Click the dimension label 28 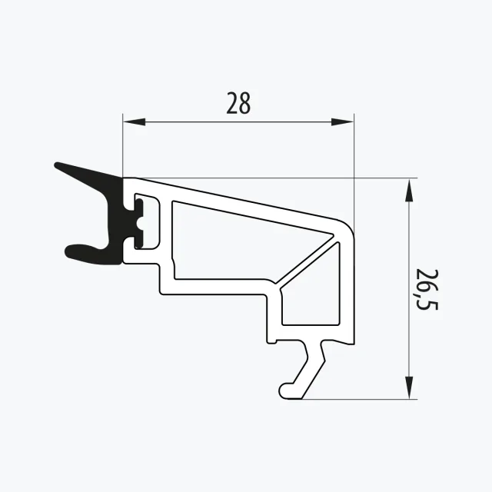[238, 103]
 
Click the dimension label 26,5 [427, 290]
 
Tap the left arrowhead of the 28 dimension [135, 121]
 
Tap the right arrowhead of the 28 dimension [342, 121]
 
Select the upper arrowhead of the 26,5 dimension [408, 190]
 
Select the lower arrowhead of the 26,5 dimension [408, 387]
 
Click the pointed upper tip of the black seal [57, 165]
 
